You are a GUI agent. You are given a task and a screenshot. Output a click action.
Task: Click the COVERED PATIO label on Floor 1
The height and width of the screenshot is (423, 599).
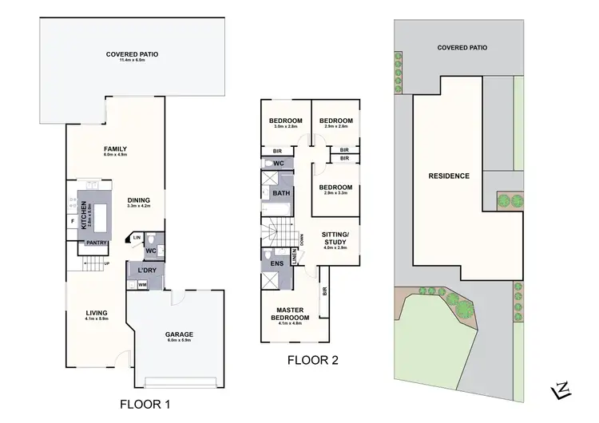132,54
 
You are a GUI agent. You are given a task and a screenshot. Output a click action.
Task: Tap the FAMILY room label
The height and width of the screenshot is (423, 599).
115,149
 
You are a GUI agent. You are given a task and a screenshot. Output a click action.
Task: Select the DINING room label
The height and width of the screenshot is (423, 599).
138,200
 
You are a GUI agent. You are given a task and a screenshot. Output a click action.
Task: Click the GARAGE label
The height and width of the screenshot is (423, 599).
180,334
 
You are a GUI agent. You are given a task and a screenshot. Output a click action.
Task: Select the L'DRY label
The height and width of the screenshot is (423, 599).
146,270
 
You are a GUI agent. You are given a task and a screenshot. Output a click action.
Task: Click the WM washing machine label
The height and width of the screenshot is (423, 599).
142,284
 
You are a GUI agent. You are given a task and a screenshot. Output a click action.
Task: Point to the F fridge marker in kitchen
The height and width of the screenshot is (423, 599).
73,219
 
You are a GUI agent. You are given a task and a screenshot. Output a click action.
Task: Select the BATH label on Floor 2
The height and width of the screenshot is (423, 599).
280,193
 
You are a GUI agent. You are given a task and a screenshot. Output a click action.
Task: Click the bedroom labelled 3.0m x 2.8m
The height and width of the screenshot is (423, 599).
285,121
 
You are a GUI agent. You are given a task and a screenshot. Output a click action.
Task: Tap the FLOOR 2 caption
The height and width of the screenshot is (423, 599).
313,360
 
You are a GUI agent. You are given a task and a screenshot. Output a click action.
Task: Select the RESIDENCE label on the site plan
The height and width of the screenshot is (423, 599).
448,176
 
